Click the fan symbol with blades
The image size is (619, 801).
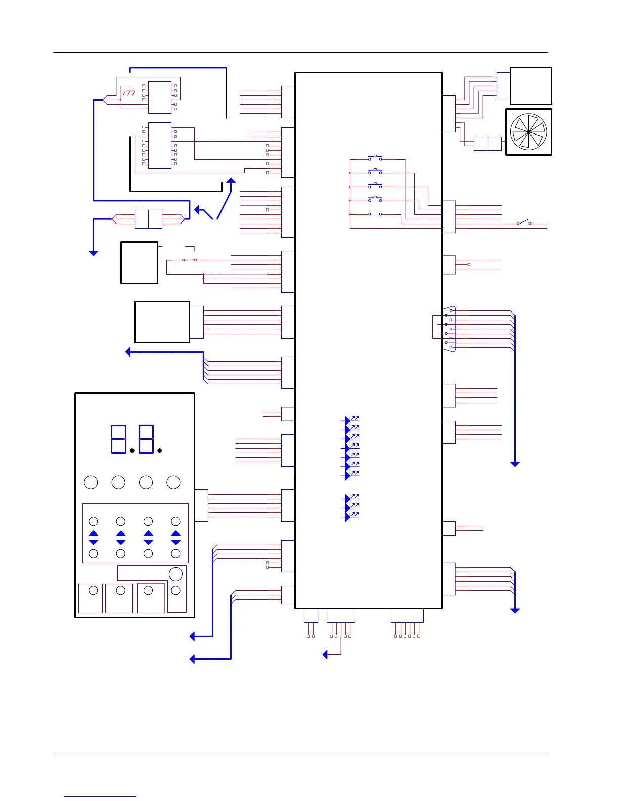(528, 132)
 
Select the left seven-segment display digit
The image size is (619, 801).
(119, 439)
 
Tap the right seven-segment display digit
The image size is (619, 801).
(146, 439)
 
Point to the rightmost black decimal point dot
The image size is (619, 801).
(160, 450)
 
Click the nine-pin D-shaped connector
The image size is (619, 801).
(449, 329)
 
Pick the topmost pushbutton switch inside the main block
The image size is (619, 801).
(375, 158)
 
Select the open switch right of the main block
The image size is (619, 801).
(524, 222)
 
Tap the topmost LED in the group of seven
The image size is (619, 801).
(348, 420)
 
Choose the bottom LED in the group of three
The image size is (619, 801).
(348, 516)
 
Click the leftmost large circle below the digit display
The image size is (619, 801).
(91, 482)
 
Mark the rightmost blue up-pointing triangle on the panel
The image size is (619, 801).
(175, 533)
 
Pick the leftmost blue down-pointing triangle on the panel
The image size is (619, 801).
(93, 542)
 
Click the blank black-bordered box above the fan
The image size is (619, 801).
(531, 86)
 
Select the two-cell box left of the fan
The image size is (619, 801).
(488, 144)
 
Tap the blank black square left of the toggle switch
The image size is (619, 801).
(139, 262)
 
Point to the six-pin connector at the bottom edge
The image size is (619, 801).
(407, 616)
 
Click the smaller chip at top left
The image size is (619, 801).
(160, 97)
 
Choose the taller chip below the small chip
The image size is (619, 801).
(160, 146)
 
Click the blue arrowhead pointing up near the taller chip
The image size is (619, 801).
(231, 181)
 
